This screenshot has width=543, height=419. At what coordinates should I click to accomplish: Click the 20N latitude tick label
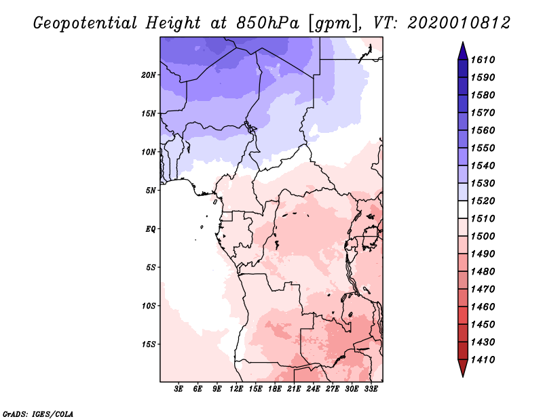point(149,75)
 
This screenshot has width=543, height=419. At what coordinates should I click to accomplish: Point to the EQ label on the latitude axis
point(150,229)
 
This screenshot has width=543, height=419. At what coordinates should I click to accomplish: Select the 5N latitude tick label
point(151,191)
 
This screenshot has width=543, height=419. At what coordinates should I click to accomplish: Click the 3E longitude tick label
point(179,388)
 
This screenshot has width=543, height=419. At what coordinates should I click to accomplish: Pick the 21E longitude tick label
point(294,388)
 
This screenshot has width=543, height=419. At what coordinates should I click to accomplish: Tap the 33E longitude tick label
point(371,388)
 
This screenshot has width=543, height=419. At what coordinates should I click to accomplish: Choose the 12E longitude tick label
point(236,388)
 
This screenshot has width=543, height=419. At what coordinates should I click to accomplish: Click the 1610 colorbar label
point(483,60)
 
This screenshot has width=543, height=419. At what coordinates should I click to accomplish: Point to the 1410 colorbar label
point(483,360)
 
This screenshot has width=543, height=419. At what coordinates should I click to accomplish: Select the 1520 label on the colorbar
point(483,201)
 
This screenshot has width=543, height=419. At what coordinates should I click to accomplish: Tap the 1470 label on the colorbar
point(483,290)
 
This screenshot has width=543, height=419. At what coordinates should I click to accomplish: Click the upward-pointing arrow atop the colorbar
point(463,52)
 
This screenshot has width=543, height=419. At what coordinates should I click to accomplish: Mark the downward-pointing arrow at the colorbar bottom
point(463,367)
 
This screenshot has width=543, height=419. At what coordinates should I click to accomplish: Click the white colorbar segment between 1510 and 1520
point(463,209)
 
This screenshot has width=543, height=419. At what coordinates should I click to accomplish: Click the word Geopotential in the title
point(85,24)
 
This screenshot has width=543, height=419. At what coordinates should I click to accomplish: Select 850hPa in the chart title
point(267,23)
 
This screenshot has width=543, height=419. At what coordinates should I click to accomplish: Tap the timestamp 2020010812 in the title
point(459,23)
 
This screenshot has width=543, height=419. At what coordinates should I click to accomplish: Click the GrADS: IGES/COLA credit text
point(38,414)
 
